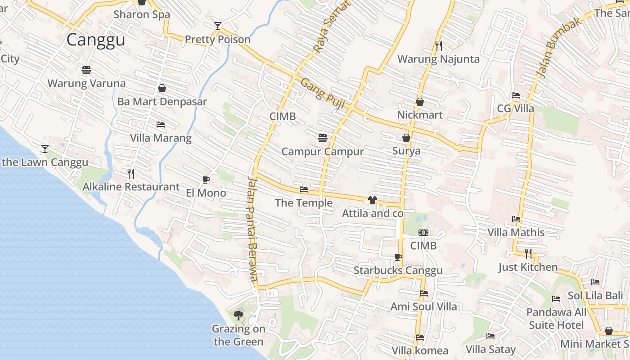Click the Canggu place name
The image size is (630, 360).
pyautogui.click(x=95, y=40)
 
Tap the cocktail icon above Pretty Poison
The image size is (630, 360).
pyautogui.click(x=218, y=26)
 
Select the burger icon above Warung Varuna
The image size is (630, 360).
pyautogui.click(x=86, y=70)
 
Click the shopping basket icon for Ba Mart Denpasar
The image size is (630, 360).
pyautogui.click(x=162, y=88)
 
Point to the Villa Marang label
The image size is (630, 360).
pyautogui.click(x=161, y=138)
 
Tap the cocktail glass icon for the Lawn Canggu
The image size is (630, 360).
pyautogui.click(x=45, y=148)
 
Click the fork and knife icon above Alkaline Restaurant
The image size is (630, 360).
pyautogui.click(x=131, y=173)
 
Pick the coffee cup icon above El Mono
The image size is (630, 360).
pyautogui.click(x=206, y=180)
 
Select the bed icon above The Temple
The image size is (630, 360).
pyautogui.click(x=304, y=190)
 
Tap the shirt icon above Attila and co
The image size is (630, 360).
pyautogui.click(x=372, y=200)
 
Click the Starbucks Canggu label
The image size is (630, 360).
pyautogui.click(x=398, y=270)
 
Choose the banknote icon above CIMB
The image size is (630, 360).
pyautogui.click(x=423, y=233)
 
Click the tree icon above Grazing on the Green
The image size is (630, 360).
pyautogui.click(x=238, y=315)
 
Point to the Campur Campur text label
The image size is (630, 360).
pyautogui.click(x=322, y=151)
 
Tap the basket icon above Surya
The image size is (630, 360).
pyautogui.click(x=406, y=138)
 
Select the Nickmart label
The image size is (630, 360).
pyautogui.click(x=419, y=115)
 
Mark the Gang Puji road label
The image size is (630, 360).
pyautogui.click(x=322, y=94)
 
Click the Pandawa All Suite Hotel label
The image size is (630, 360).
pyautogui.click(x=556, y=319)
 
